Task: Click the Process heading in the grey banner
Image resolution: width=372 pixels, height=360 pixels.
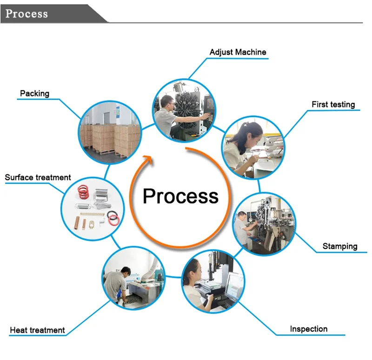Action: click(x=27, y=13)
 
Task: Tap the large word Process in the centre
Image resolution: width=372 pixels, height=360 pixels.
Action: click(x=180, y=196)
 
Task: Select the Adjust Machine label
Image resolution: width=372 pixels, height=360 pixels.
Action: click(x=238, y=52)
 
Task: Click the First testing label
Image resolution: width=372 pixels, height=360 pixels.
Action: click(x=333, y=104)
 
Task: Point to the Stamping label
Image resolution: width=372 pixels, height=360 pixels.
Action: click(x=340, y=246)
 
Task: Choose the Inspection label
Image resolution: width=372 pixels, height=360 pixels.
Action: click(x=308, y=329)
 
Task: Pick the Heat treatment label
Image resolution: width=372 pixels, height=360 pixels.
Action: click(x=37, y=330)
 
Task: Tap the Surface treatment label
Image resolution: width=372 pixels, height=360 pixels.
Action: click(x=38, y=177)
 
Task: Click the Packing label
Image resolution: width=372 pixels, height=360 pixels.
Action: click(x=34, y=93)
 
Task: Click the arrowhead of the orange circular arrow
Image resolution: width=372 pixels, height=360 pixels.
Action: click(x=148, y=160)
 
